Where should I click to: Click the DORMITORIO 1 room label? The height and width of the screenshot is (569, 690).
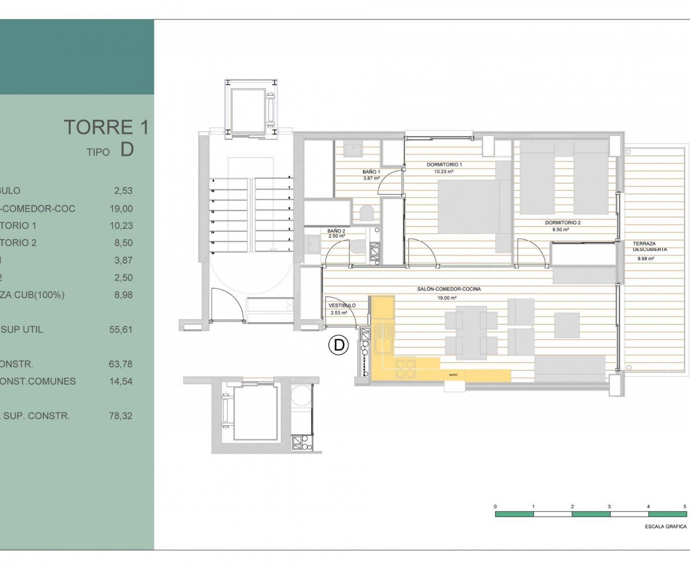tap(444, 164)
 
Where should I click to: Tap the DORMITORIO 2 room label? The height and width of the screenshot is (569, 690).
tap(562, 223)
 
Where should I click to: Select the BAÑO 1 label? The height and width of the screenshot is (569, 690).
tap(371, 172)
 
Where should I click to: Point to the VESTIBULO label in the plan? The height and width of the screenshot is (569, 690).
tap(342, 305)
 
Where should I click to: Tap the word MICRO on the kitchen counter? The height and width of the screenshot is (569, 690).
tap(453, 375)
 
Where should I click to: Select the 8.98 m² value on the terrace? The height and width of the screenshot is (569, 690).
tap(645, 259)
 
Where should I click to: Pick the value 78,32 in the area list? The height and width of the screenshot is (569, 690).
tap(121, 416)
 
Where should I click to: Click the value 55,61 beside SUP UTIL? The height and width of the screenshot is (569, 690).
tap(121, 330)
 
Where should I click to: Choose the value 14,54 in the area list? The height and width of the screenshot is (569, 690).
tap(121, 382)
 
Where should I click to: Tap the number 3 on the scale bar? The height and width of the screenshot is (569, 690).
tap(609, 507)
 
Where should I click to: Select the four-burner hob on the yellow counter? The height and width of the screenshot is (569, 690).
tap(406, 369)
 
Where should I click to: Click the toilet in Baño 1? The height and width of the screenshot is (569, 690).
tap(367, 213)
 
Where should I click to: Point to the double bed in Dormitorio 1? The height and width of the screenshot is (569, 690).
tap(469, 207)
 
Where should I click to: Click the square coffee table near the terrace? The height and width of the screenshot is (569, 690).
tap(567, 325)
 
